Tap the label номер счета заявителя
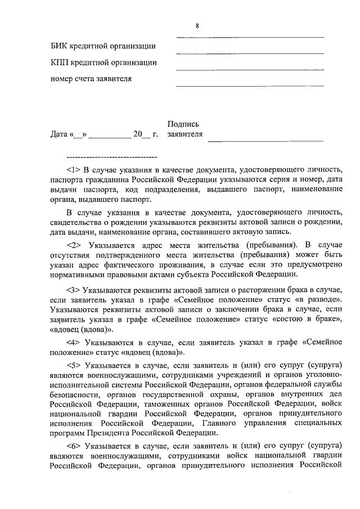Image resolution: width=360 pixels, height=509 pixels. point(91,79)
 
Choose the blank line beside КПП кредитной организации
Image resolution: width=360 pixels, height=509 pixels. point(250,70)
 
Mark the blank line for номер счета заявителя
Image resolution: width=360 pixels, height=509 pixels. point(250,86)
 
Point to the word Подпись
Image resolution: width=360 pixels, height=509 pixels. point(183,124)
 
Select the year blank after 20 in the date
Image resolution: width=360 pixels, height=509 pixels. point(146,137)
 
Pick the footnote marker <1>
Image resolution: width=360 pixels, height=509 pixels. point(74,169)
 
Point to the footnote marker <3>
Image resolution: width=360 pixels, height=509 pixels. point(74,290)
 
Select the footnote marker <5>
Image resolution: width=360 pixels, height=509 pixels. point(74,365)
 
